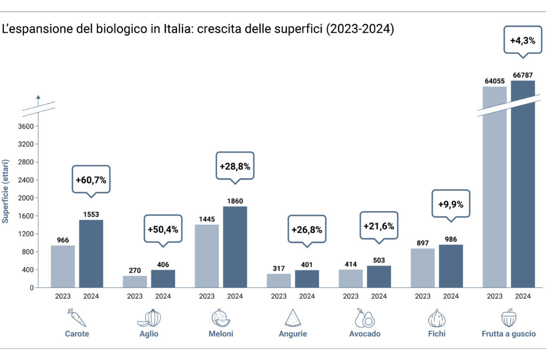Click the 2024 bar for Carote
(91, 254)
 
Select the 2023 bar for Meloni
(206, 256)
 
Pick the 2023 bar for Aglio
(135, 282)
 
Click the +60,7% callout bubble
(91, 180)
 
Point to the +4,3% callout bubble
(523, 40)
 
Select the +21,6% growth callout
(379, 226)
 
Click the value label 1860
(235, 201)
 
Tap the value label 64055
(494, 81)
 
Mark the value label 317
(279, 268)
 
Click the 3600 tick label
(27, 126)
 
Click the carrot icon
(77, 317)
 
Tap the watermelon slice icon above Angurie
(293, 318)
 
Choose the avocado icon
(365, 318)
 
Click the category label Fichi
(437, 334)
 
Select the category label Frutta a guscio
(508, 334)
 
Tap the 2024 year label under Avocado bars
(379, 296)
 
